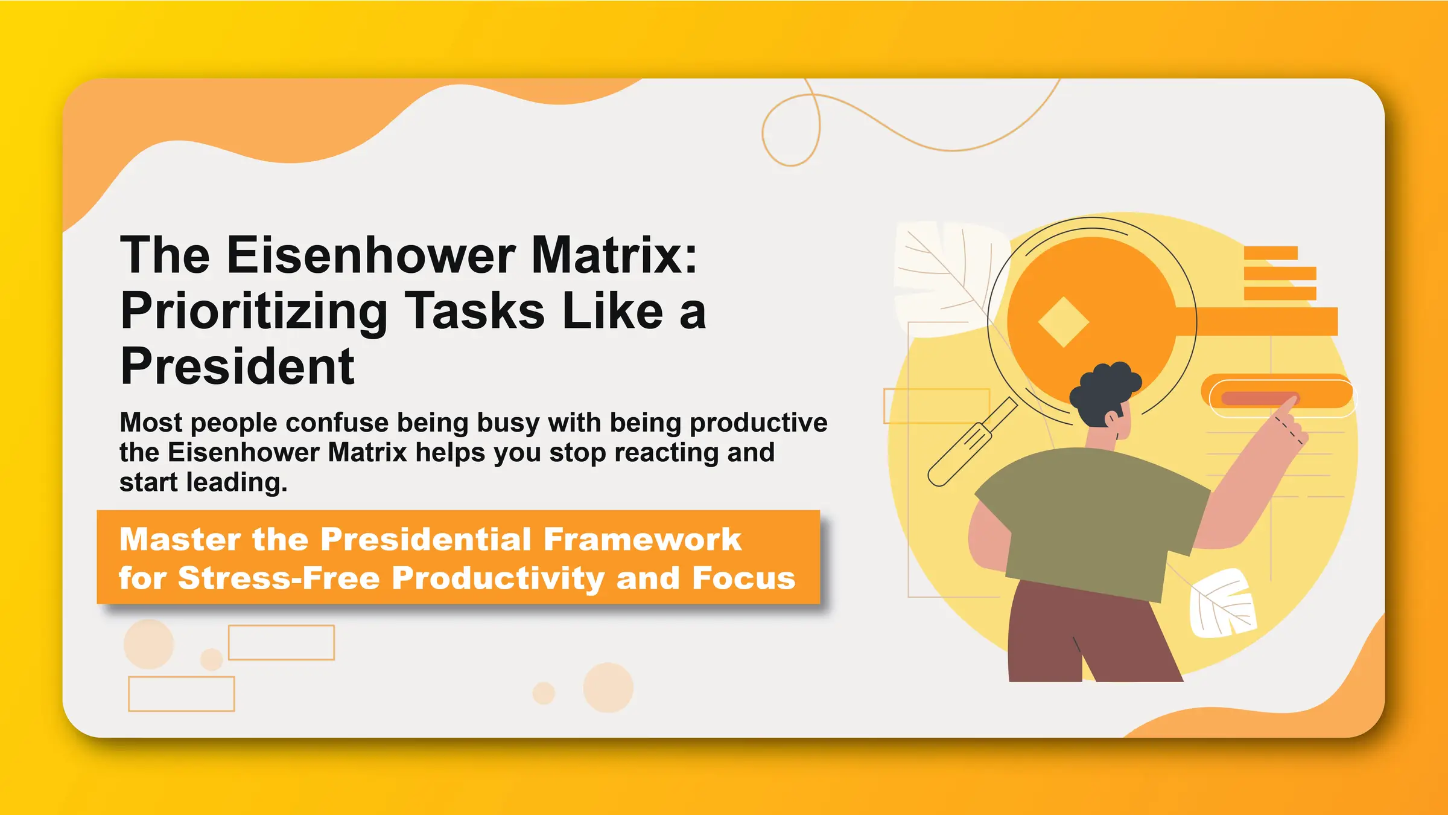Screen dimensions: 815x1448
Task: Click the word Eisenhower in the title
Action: click(370, 256)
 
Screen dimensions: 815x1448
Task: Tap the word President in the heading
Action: click(237, 367)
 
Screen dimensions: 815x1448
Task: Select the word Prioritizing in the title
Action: click(253, 312)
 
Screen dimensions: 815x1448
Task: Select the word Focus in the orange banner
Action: click(743, 578)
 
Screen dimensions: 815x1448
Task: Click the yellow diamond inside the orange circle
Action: click(1063, 322)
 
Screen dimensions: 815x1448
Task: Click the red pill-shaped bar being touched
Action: click(1255, 398)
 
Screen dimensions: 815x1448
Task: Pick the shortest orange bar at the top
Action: click(1270, 253)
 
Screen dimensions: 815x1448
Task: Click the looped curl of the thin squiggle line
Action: click(790, 130)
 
